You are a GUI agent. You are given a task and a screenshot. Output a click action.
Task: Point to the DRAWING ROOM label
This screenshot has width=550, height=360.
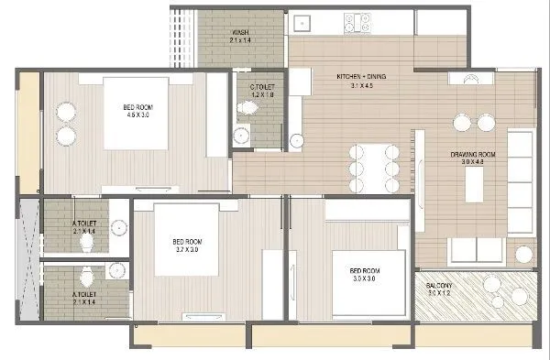click(x=472, y=155)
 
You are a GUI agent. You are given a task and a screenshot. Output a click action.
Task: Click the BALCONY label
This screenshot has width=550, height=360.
click(x=437, y=287)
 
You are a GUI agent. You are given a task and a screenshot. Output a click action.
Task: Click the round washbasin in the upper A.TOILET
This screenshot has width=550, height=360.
click(x=118, y=227)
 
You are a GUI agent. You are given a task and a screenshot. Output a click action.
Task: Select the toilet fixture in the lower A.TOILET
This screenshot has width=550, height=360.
click(x=87, y=276)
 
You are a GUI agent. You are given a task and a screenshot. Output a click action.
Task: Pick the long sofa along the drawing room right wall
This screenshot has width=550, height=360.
click(x=520, y=179)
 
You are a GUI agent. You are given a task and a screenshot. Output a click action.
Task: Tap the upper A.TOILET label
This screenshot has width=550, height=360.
click(x=84, y=224)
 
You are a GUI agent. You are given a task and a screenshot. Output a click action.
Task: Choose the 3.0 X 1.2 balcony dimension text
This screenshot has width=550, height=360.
click(x=437, y=295)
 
